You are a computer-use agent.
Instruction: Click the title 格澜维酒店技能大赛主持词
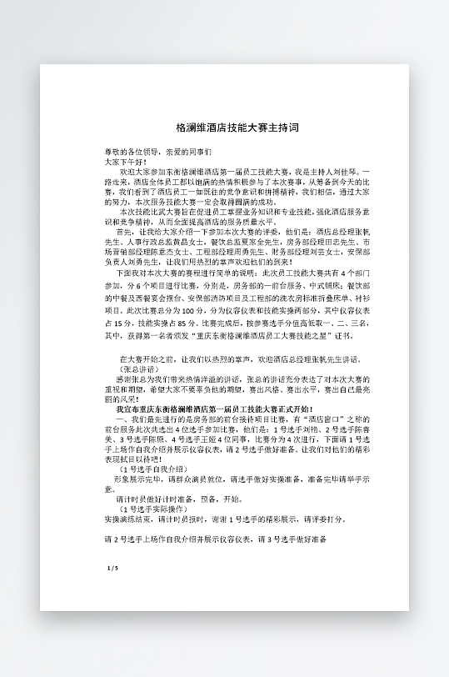tap(237, 128)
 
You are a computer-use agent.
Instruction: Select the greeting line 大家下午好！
tap(125, 161)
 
